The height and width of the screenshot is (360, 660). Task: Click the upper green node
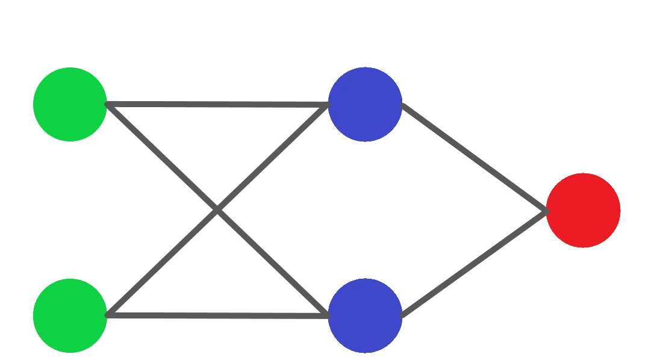pos(70,105)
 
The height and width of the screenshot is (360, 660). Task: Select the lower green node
pos(70,315)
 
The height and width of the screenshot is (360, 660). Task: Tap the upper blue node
pos(365,105)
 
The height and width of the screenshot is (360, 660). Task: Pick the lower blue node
pos(365,315)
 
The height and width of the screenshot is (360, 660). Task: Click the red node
pos(583,210)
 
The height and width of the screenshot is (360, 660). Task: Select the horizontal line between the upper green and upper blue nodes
pos(217,106)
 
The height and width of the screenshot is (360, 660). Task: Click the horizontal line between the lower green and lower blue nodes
pos(217,314)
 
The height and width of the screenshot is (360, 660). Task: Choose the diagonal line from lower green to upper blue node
pos(163,262)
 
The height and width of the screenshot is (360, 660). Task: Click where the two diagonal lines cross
pos(217,209)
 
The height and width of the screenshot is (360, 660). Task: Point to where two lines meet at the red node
pos(546,209)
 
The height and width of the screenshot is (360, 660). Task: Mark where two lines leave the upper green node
pos(109,107)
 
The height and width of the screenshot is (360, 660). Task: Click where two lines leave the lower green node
pos(109,314)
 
